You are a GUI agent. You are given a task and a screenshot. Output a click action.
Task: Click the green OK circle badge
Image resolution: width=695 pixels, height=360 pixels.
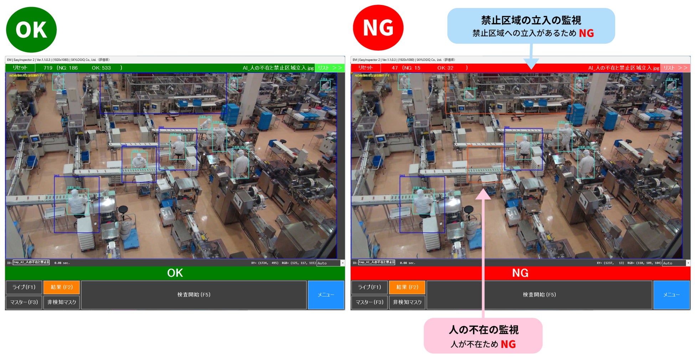tap(31, 30)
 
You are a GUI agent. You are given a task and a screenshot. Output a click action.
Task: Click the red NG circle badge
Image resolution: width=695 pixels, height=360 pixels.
tap(378, 28)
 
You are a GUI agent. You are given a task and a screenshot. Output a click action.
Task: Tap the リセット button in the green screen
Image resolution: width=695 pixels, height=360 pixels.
tap(20, 68)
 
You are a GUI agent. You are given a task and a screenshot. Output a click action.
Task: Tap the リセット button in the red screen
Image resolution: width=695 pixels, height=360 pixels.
tap(366, 68)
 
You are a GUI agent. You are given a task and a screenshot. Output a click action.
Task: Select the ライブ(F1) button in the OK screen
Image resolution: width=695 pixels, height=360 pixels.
tap(24, 287)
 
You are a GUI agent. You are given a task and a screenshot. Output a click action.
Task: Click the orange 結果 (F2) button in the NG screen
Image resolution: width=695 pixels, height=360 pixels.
tap(407, 287)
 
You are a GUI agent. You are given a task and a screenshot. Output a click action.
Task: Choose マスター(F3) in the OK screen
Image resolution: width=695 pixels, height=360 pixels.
tap(24, 302)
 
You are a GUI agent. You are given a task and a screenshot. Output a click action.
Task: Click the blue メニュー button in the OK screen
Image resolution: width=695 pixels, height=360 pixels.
tap(326, 295)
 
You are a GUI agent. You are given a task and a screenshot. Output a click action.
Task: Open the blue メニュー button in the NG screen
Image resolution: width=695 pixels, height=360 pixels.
tap(671, 295)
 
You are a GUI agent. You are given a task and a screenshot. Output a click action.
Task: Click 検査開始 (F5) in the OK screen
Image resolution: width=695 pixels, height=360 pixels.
tap(194, 295)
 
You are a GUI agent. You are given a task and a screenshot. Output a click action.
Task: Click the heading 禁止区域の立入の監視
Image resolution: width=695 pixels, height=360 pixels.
tap(531, 20)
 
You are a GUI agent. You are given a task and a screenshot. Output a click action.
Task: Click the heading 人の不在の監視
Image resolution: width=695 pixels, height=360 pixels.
tap(483, 330)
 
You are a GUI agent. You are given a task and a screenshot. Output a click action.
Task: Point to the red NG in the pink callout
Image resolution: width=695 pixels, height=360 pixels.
tap(508, 344)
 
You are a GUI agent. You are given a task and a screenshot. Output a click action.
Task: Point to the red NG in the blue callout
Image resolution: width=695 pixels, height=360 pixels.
tap(586, 34)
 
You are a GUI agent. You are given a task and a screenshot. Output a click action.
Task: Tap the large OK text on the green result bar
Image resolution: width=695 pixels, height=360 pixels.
tap(175, 273)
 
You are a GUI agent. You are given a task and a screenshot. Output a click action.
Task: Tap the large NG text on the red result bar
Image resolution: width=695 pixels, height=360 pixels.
tap(520, 273)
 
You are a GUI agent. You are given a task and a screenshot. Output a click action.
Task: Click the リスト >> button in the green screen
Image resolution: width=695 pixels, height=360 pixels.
tap(330, 68)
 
